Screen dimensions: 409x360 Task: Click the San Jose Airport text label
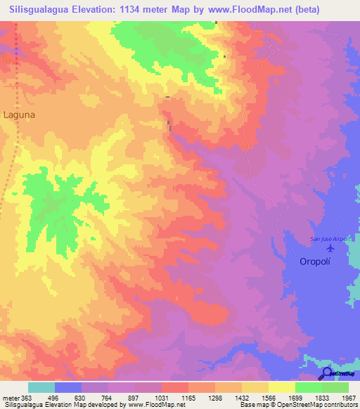point(330,239)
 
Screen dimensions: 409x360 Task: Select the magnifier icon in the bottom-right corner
point(328,373)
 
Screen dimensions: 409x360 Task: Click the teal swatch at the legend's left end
point(41,387)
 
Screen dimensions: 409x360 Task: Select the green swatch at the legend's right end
point(335,387)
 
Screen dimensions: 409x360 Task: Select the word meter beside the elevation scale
point(10,397)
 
